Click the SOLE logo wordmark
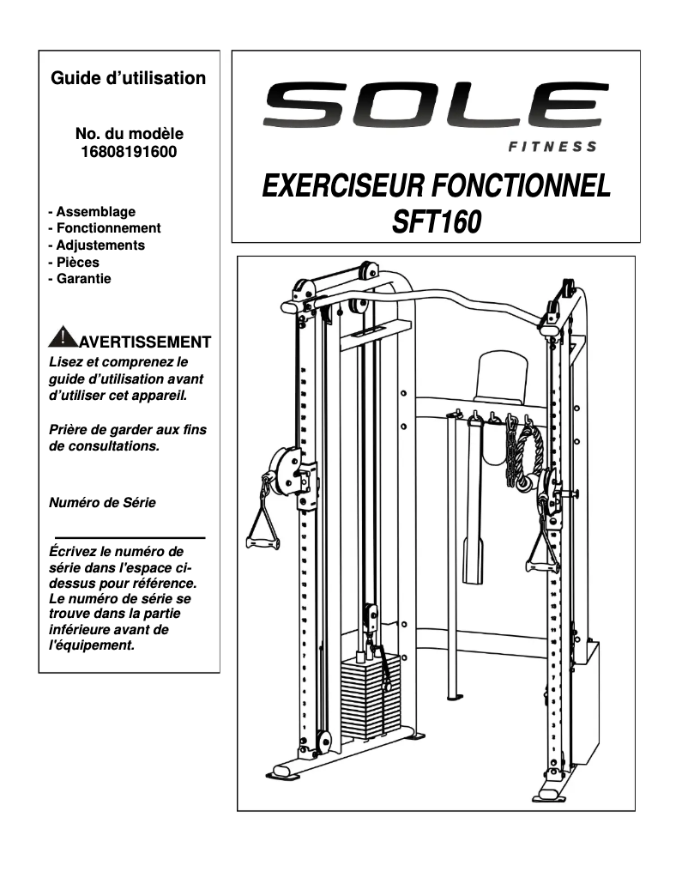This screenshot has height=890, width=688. point(436,106)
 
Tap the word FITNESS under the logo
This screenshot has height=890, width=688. point(552,147)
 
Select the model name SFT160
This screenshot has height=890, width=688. point(436,221)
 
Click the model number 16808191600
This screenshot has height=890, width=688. point(130,151)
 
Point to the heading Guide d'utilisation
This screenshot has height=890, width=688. point(129,78)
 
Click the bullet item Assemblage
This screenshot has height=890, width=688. point(95,211)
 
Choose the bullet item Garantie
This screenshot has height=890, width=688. point(83,278)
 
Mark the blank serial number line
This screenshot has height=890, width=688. point(130,536)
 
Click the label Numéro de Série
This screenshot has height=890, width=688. point(102,503)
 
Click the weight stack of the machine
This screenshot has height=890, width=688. point(370,695)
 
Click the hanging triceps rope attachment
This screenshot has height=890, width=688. point(525,455)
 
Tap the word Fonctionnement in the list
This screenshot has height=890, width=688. point(108,228)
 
